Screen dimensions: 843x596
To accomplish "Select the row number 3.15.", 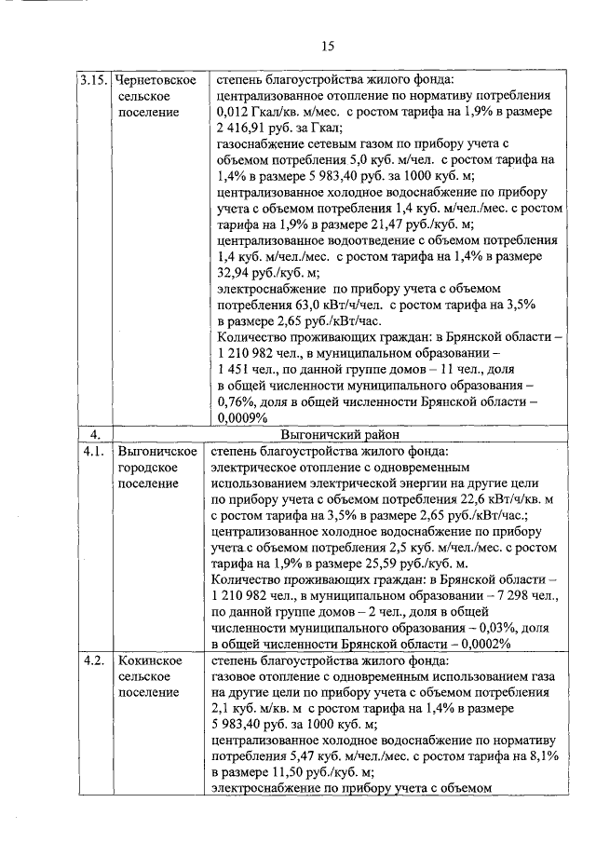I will point(94,80).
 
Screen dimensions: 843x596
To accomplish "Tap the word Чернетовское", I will point(157,80).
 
